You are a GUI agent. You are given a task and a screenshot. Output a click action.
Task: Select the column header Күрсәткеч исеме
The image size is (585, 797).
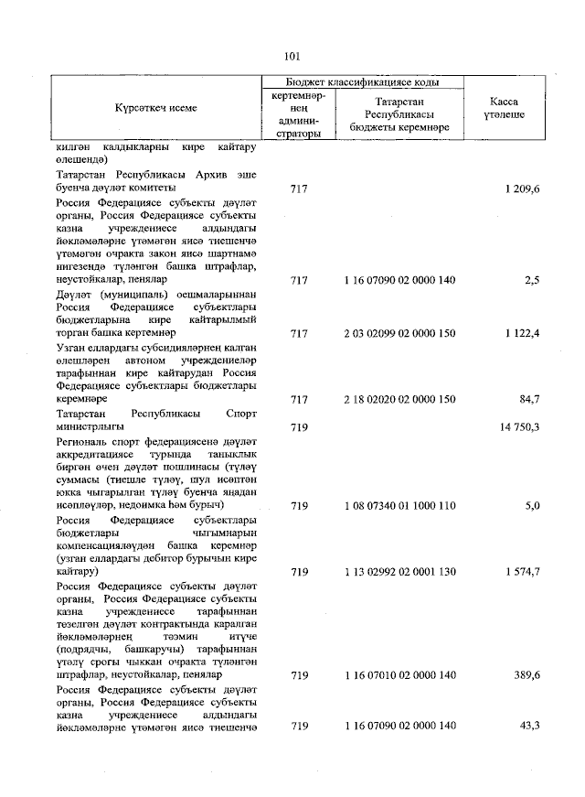point(156,108)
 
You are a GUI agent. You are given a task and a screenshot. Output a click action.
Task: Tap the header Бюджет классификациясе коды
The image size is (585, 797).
point(363,82)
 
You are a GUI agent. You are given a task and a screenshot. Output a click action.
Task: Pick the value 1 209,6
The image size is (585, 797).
point(521,188)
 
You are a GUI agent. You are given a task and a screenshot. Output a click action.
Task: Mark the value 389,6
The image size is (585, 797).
point(526,675)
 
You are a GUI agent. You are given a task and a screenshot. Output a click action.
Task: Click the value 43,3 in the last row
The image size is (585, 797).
point(528,726)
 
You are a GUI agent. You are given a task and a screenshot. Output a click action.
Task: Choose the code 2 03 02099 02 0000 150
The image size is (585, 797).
point(399,334)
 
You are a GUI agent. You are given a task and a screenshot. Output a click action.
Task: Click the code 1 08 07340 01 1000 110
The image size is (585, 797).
point(399,505)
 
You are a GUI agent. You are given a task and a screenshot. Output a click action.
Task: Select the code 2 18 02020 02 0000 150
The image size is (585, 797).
point(399,400)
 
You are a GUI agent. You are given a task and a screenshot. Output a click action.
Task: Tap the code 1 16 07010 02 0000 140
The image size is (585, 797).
point(399,675)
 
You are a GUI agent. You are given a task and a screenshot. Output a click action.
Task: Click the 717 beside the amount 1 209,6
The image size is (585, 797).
point(299,188)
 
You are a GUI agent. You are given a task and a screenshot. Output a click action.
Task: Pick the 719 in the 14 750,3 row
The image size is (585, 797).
point(299,426)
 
